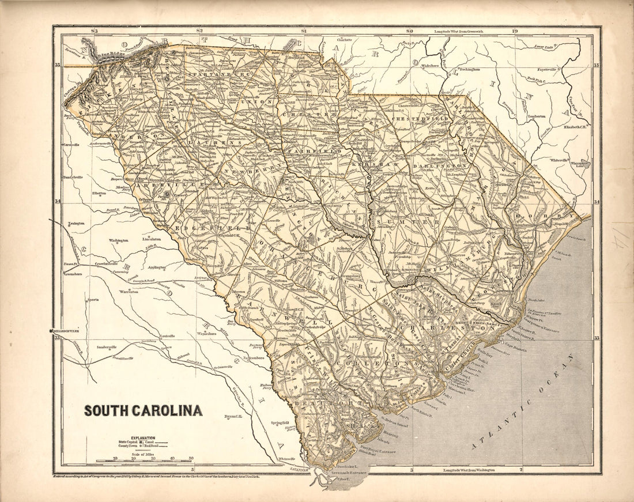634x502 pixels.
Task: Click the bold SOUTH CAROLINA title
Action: [x=143, y=411]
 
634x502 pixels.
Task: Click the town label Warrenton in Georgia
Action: [x=129, y=292]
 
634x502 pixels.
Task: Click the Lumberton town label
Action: [x=535, y=116]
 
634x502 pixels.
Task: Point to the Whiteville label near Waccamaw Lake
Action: [x=558, y=160]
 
